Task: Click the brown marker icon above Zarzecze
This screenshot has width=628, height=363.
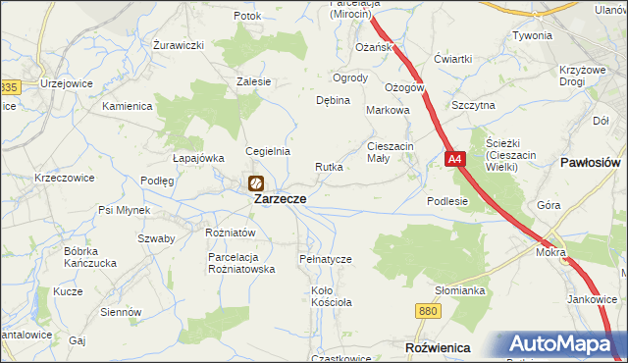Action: [255, 182]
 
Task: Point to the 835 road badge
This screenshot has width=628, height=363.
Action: [8, 87]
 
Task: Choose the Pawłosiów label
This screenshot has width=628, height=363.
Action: [590, 161]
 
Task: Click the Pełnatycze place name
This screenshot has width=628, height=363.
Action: [325, 258]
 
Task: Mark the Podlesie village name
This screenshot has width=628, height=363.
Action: [447, 200]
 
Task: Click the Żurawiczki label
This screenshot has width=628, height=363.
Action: [179, 45]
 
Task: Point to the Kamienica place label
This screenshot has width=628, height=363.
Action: [128, 105]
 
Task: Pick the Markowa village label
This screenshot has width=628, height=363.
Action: [387, 111]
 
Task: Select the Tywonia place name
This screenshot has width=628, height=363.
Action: [532, 35]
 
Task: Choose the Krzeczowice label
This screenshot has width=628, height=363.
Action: [64, 178]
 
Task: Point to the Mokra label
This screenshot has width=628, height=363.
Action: [551, 252]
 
